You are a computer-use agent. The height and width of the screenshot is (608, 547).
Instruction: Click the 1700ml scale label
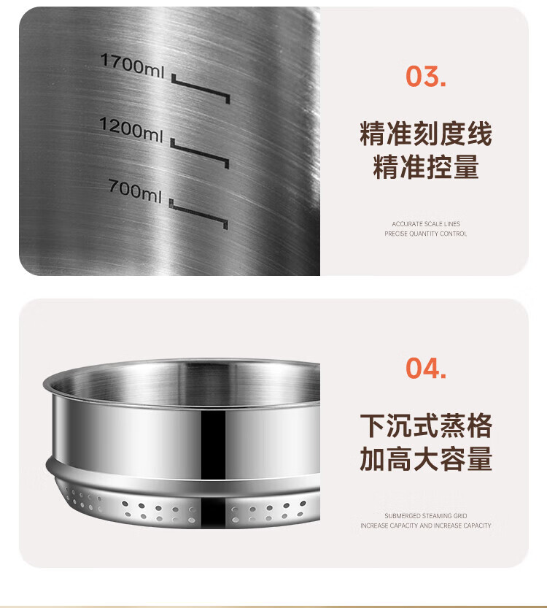(133, 66)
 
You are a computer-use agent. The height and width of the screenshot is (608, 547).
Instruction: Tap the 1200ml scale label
(131, 129)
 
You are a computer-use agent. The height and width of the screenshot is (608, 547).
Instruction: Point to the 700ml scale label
(135, 191)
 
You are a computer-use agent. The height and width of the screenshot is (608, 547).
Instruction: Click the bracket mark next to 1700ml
(201, 89)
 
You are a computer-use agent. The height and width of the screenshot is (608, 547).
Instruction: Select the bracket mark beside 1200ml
(200, 153)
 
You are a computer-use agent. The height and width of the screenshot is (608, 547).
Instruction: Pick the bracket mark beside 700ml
(198, 215)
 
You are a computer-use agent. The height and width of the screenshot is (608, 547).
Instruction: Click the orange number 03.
(426, 76)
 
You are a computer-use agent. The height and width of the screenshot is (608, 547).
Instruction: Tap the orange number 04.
(426, 368)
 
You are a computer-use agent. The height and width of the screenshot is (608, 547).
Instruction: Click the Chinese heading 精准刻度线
(426, 134)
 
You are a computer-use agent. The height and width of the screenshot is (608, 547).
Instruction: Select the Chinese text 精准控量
(426, 166)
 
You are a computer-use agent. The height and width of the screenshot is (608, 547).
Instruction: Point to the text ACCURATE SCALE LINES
(426, 224)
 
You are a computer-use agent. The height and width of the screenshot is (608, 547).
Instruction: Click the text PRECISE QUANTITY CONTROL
(426, 234)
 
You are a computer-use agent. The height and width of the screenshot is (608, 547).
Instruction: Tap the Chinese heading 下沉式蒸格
(426, 426)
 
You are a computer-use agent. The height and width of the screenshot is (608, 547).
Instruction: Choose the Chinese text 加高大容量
(426, 458)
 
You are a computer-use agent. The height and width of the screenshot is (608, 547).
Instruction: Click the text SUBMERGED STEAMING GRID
(426, 516)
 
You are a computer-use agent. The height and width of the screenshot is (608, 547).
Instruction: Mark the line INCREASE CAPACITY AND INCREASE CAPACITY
(426, 526)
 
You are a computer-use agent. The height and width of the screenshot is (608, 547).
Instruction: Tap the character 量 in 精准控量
(467, 166)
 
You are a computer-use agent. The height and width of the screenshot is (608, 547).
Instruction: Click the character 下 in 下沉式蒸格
(373, 426)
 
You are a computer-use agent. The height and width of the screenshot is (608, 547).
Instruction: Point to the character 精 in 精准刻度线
(373, 134)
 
